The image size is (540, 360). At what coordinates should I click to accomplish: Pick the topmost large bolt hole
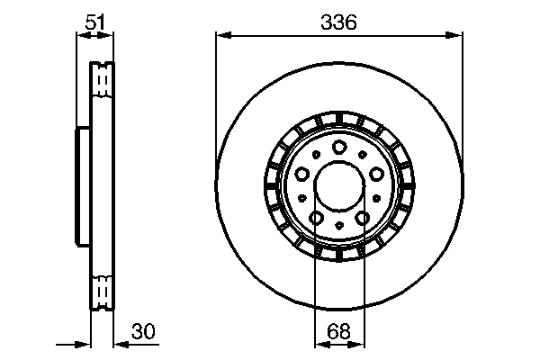coord(338,148)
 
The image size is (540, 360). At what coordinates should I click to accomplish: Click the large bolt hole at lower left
coord(317,217)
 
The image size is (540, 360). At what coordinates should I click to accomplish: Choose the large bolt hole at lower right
coord(361,217)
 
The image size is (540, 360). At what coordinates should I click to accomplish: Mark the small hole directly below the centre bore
coord(338,225)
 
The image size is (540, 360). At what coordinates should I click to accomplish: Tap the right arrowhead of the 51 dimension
coord(110,35)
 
